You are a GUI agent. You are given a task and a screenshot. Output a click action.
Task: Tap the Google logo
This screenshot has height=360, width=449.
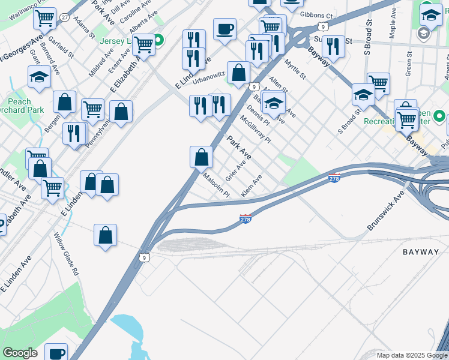(x=20, y=353)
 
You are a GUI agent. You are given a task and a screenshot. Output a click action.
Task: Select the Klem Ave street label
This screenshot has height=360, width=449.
(x=252, y=186)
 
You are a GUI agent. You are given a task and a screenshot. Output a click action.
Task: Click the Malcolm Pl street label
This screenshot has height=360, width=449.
(x=216, y=185)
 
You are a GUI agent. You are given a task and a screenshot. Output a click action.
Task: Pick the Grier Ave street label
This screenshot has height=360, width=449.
(x=236, y=170)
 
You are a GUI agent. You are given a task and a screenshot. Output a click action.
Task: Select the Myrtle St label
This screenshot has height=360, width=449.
(x=295, y=68)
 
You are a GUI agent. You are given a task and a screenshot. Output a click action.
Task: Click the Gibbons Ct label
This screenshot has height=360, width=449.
(x=316, y=16)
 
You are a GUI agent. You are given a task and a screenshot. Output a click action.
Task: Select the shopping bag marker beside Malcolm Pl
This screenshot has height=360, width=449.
(x=202, y=157)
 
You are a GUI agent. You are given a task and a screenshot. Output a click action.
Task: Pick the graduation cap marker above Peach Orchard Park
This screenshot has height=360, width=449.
(x=39, y=77)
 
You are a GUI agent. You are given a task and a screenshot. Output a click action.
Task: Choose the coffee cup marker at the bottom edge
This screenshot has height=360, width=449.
(x=56, y=353)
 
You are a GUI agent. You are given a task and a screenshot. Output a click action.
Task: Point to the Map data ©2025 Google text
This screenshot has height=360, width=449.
(x=411, y=355)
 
